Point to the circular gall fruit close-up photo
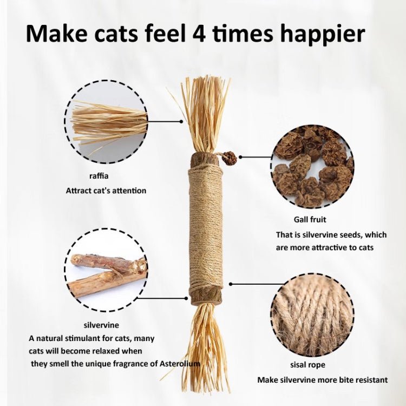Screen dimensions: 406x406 point(313,165)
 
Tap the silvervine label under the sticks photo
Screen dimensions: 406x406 point(98,325)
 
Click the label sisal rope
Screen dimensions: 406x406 point(307,364)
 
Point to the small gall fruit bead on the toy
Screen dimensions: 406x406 point(230,158)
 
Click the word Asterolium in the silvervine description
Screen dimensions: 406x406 point(179,364)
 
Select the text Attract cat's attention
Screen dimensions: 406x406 point(106,191)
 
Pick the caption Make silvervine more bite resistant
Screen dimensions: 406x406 point(322,379)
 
